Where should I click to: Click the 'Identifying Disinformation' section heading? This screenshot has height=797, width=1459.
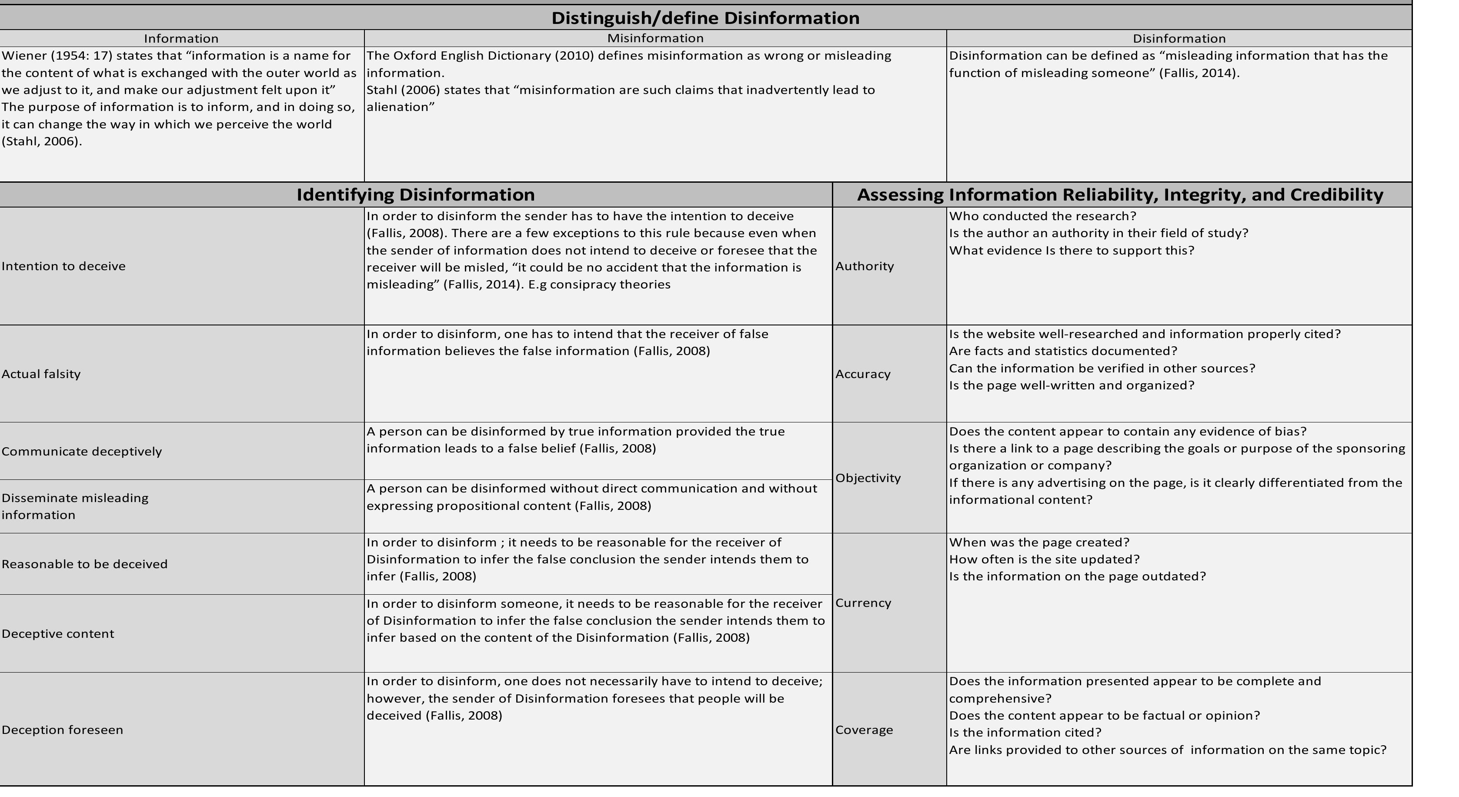[415, 195]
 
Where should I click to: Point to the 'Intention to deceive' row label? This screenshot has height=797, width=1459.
[63, 266]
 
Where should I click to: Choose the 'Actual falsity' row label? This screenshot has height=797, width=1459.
[41, 374]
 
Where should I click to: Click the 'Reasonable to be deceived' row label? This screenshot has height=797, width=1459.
[84, 564]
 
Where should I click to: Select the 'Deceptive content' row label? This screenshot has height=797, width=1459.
[58, 634]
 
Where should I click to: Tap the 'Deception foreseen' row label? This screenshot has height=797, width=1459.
[62, 730]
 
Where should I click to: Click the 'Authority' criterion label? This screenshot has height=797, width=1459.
[864, 266]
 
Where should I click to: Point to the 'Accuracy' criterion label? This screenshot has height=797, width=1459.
[863, 374]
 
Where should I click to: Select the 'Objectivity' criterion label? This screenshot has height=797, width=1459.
[868, 478]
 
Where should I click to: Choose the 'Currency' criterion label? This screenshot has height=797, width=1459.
[863, 603]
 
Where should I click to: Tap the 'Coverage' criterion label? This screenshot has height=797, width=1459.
[864, 730]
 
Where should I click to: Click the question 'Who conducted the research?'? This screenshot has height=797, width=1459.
[1042, 216]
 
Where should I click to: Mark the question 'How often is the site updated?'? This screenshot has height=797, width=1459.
[1044, 559]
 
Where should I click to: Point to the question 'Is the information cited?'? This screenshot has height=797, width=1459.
[1025, 733]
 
